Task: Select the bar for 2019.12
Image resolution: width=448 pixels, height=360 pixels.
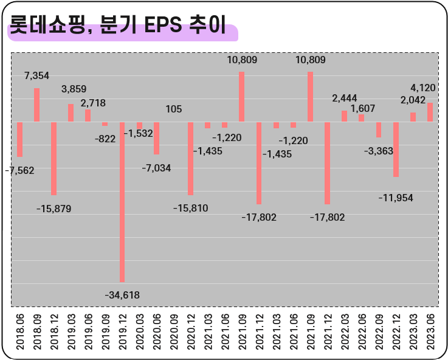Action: [x=122, y=201]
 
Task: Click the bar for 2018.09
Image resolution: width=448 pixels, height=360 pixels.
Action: [x=36, y=105]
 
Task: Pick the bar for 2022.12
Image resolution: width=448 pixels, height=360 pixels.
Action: [x=396, y=149]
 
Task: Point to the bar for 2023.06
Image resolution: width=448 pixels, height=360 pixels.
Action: [x=430, y=112]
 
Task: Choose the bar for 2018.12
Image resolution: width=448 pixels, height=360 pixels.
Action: [x=53, y=158]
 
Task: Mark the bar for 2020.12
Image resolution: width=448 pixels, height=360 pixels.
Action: [x=190, y=158]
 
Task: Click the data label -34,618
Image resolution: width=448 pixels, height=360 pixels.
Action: [x=122, y=295]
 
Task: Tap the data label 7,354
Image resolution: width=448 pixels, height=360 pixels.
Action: [x=36, y=75]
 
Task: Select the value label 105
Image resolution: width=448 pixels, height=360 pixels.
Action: [x=174, y=109]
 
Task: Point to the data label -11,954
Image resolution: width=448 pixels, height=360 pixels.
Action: [x=396, y=198]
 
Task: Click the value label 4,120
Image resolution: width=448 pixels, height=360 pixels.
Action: [x=423, y=88]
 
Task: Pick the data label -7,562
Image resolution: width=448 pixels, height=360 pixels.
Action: [x=19, y=170]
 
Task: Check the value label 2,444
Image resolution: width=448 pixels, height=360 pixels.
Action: [x=344, y=98]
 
